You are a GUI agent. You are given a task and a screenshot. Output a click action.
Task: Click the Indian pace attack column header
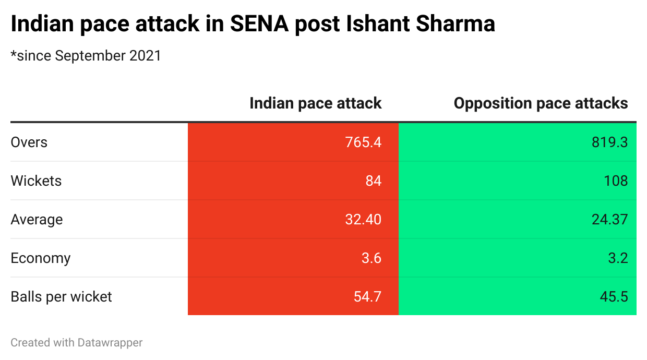pyautogui.click(x=315, y=103)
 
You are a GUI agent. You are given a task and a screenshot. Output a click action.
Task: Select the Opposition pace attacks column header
pyautogui.click(x=541, y=103)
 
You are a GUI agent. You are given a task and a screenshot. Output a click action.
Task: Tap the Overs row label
pyautogui.click(x=29, y=142)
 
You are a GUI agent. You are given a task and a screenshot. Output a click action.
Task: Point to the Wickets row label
pyautogui.click(x=36, y=181)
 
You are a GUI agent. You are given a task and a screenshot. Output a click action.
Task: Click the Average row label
pyautogui.click(x=37, y=220)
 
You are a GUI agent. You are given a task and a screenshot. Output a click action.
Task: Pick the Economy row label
pyautogui.click(x=40, y=258)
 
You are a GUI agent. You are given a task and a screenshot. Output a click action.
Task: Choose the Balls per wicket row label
pyautogui.click(x=61, y=297)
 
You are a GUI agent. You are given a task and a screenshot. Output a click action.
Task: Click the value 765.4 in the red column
pyautogui.click(x=363, y=142)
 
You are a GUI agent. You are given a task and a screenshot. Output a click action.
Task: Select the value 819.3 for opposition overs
pyautogui.click(x=609, y=142)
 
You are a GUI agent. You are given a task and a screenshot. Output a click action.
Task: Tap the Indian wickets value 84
pyautogui.click(x=373, y=181)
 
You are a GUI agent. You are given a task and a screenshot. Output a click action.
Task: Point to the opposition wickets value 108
pyautogui.click(x=616, y=181)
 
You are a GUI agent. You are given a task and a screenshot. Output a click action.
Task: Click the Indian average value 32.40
pyautogui.click(x=363, y=220)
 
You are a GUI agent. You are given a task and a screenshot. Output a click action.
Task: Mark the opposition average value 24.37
pyautogui.click(x=609, y=220)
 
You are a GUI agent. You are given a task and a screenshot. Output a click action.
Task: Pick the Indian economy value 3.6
pyautogui.click(x=372, y=258)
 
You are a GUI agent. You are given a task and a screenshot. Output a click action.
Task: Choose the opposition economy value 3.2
pyautogui.click(x=617, y=258)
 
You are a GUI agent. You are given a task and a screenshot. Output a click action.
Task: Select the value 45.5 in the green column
pyautogui.click(x=613, y=297)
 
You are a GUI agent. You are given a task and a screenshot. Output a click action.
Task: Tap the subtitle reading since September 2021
pyautogui.click(x=86, y=56)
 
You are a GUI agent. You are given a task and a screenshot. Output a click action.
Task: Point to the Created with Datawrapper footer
pyautogui.click(x=76, y=343)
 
